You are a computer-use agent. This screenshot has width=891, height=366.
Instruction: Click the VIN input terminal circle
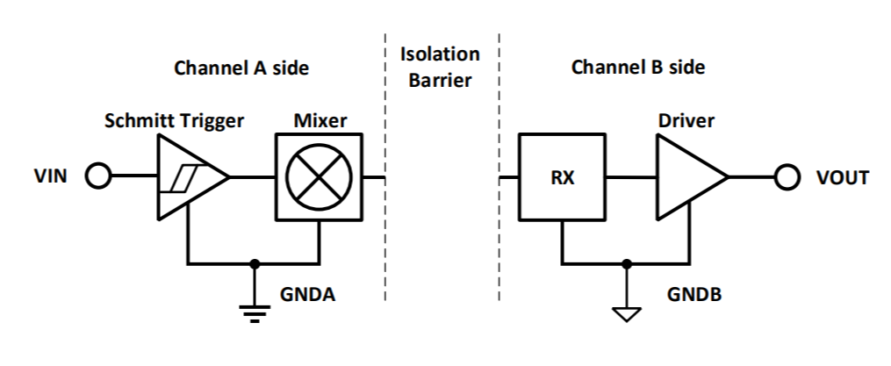pyautogui.click(x=98, y=177)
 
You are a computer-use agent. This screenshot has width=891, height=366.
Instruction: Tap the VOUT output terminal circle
pyautogui.click(x=787, y=177)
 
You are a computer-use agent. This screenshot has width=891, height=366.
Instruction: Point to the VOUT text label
pyautogui.click(x=841, y=178)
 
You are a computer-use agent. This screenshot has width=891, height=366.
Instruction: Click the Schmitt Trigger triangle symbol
pyautogui.click(x=190, y=177)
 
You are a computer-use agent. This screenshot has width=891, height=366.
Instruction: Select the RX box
pyautogui.click(x=562, y=177)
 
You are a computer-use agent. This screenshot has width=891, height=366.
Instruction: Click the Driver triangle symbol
pyautogui.click(x=690, y=177)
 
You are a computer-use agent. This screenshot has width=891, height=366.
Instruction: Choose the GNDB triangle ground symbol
pyautogui.click(x=626, y=312)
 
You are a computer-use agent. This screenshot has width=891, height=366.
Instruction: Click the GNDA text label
pyautogui.click(x=308, y=294)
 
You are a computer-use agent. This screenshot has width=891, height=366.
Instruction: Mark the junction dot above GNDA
pyautogui.click(x=255, y=262)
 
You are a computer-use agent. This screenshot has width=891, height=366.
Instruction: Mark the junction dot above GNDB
pyautogui.click(x=626, y=262)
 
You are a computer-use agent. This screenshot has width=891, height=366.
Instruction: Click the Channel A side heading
pyautogui.click(x=241, y=68)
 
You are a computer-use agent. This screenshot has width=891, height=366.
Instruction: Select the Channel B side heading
pyautogui.click(x=638, y=67)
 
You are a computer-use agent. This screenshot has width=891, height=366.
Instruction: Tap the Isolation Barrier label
pyautogui.click(x=440, y=67)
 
